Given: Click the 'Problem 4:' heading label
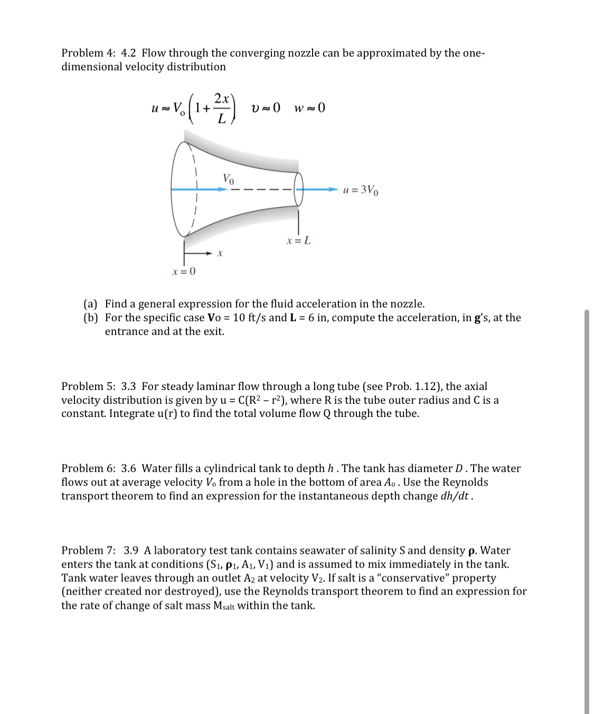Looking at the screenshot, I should pyautogui.click(x=88, y=53).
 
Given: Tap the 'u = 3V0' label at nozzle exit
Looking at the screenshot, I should pyautogui.click(x=361, y=190).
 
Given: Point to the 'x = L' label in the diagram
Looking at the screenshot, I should pyautogui.click(x=298, y=241).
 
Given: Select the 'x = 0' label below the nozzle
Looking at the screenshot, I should pyautogui.click(x=184, y=272).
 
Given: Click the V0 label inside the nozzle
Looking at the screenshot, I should pyautogui.click(x=228, y=179).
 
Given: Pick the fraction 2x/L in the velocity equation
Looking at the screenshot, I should pyautogui.click(x=222, y=108).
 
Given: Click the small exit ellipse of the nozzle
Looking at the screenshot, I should pyautogui.click(x=299, y=189).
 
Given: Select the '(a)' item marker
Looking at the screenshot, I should pyautogui.click(x=91, y=304).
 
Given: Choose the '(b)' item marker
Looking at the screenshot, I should pyautogui.click(x=91, y=318).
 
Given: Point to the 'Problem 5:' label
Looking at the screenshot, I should pyautogui.click(x=88, y=386).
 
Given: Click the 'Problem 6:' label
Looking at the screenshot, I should pyautogui.click(x=88, y=468).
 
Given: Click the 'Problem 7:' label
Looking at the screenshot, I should pyautogui.click(x=88, y=551).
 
